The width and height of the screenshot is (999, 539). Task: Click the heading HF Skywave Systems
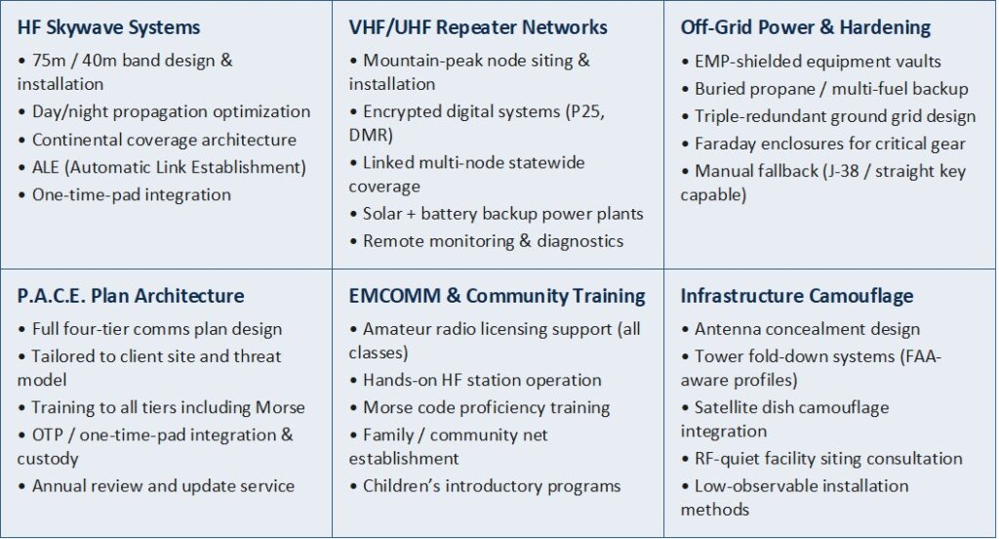pos(108,28)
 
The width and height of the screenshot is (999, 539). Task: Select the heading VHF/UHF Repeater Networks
pos(478,27)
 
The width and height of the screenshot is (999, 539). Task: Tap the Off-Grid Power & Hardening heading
pos(805,27)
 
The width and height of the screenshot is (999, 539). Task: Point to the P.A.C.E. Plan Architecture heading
pos(131,296)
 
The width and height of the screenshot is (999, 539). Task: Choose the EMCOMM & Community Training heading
pos(497,296)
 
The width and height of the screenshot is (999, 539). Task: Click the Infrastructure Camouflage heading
pos(796,296)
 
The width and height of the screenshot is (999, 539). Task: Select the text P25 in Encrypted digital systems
pos(585,112)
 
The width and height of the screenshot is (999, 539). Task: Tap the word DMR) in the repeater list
pos(371,135)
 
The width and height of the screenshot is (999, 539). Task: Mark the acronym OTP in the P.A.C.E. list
pos(47,435)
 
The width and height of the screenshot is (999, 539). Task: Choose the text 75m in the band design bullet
pos(49,62)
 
